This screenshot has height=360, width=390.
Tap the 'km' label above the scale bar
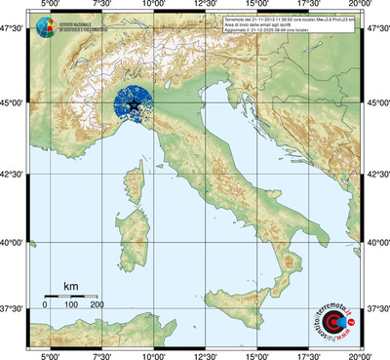click(x=70, y=286)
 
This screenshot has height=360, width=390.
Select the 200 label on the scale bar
click(x=97, y=305)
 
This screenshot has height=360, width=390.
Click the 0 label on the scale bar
click(x=45, y=305)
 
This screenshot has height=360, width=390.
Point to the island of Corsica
click(x=137, y=179)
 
